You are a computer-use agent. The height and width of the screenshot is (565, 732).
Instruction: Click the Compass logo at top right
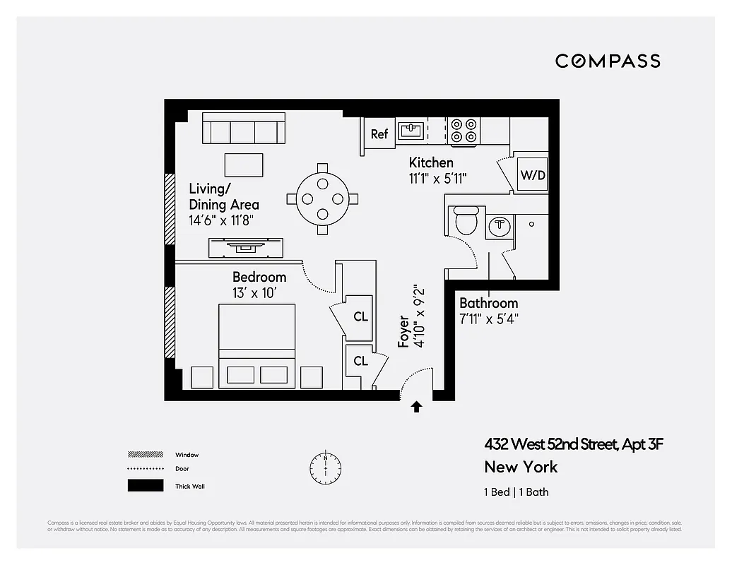608,61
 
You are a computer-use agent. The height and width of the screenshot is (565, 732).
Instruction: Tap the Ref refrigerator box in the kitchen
379,133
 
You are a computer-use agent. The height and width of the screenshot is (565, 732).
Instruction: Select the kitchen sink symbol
411,130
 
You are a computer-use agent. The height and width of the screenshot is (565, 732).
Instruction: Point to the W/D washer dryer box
533,174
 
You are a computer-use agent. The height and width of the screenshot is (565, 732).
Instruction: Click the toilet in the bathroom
466,220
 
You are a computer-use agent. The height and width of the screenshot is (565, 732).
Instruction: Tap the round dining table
322,198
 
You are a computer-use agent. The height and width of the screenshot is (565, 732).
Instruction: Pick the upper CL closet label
360,316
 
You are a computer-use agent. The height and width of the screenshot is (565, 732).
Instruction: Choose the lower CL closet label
360,361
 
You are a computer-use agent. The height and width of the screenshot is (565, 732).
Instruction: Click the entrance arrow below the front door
417,406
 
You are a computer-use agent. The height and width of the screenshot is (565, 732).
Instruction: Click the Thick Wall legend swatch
145,486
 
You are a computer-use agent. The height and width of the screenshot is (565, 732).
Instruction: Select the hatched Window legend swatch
145,455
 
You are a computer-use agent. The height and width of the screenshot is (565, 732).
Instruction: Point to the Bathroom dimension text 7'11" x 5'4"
489,319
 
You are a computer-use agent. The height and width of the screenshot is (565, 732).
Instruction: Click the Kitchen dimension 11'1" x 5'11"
437,179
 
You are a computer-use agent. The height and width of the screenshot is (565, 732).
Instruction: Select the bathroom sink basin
500,225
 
